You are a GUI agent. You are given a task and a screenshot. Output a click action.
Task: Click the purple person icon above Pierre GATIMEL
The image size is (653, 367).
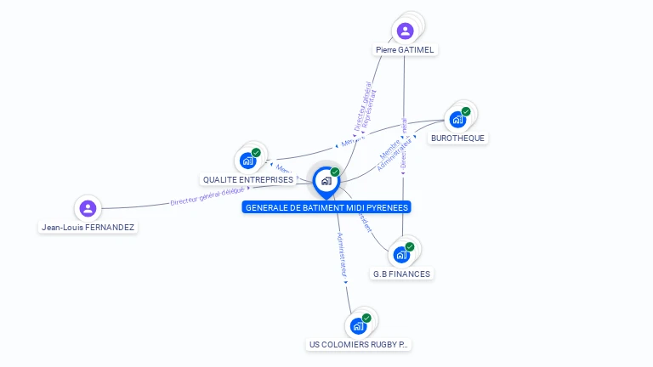406,31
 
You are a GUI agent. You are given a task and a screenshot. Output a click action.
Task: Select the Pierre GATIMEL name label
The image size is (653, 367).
405,50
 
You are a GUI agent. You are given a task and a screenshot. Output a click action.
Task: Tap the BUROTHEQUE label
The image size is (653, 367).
459,138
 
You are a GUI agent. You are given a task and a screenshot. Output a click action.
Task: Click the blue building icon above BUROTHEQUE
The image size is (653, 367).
458,119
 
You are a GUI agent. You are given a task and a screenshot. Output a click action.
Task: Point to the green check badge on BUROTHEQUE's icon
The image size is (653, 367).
466,111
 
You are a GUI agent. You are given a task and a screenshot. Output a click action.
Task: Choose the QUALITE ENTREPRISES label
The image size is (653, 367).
247,179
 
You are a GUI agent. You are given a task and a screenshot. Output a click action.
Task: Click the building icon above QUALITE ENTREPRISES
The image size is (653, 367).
247,160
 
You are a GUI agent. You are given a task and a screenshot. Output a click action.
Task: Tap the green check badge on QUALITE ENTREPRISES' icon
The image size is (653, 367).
256,153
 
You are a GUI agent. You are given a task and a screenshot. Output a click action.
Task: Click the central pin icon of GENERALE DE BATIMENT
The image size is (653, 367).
326,180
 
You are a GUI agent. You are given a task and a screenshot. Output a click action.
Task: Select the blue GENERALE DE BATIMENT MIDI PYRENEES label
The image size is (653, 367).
326,207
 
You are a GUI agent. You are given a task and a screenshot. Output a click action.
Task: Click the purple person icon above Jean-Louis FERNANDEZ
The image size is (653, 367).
87,208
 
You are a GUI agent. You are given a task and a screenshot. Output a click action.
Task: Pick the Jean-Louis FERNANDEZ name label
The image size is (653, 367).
88,228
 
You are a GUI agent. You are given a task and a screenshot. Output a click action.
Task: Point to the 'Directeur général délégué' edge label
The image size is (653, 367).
207,197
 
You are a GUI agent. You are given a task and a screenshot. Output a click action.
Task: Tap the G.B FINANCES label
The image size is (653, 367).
401,274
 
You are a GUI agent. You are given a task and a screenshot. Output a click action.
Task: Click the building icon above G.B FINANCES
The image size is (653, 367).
400,254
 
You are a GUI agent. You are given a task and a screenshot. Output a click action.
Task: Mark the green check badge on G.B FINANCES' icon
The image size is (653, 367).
409,246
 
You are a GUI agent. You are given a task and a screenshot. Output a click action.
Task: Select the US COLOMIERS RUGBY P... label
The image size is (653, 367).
359,345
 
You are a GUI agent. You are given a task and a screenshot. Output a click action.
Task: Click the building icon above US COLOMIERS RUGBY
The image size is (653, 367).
358,325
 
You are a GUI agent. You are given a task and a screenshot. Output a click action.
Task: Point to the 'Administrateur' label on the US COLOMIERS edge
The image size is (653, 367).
342,256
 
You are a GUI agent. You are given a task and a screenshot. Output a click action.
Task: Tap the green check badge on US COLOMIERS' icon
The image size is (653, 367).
366,318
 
